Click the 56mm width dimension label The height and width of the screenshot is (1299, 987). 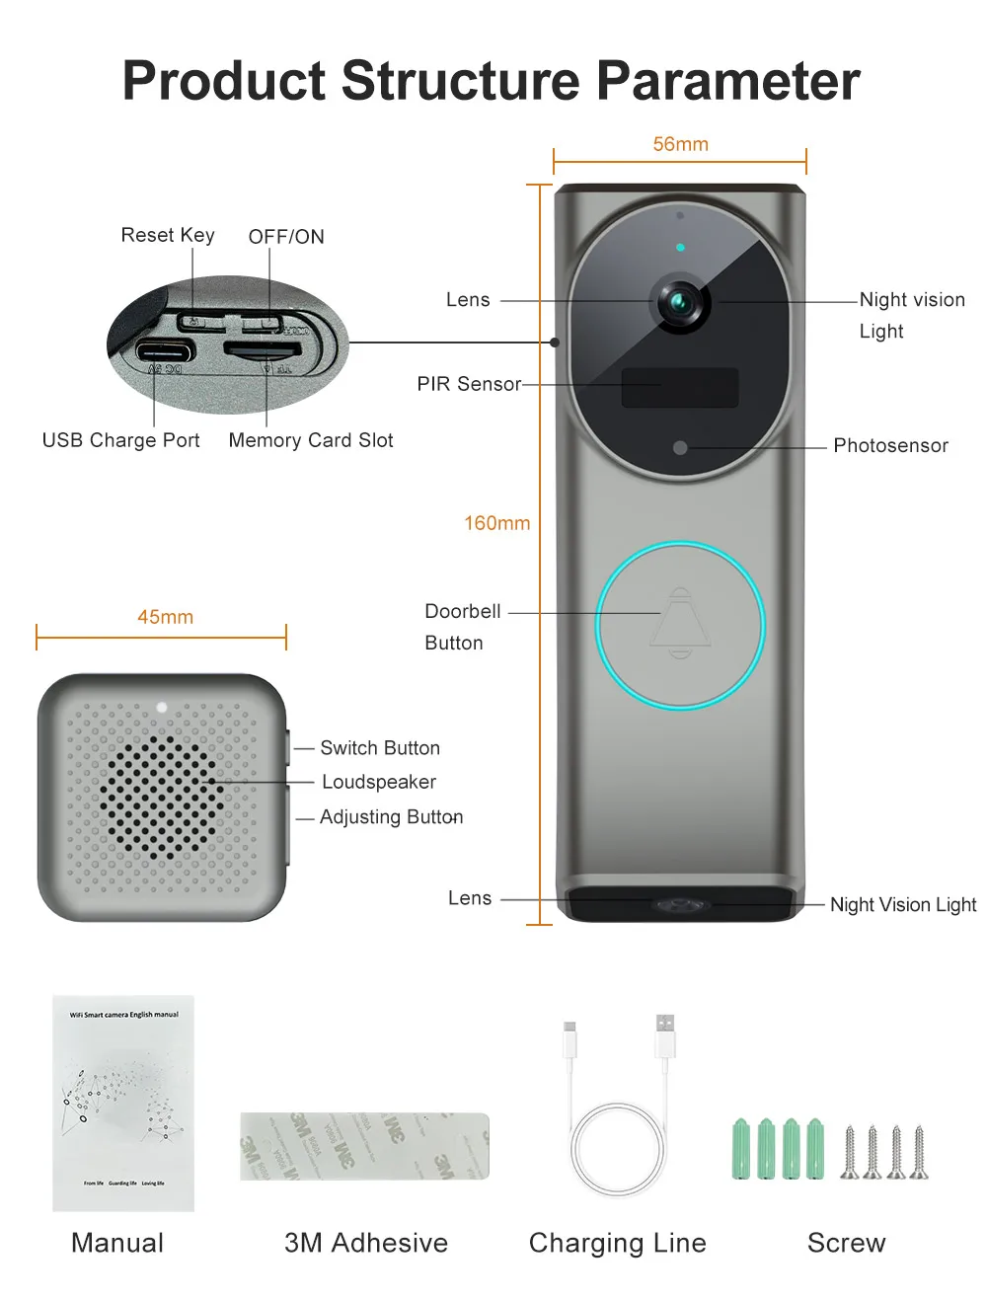(680, 144)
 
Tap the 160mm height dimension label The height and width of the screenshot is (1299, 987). (497, 523)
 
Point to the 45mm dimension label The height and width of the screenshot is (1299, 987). (165, 617)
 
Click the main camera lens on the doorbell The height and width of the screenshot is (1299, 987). (680, 302)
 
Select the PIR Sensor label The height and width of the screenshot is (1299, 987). (468, 384)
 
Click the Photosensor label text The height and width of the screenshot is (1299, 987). (890, 445)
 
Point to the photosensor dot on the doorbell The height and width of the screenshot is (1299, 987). (680, 447)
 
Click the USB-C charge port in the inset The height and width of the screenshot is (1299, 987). (165, 350)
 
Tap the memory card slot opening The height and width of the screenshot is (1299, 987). (262, 348)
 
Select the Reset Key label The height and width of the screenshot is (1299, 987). (168, 235)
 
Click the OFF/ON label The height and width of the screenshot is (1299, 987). (286, 237)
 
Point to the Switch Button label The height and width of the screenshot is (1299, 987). (380, 748)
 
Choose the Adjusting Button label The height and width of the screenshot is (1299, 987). (391, 817)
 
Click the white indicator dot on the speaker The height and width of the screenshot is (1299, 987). (162, 708)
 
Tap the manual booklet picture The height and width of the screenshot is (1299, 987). (123, 1103)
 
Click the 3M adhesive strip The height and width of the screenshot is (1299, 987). (364, 1146)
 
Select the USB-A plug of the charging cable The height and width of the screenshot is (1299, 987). (665, 1035)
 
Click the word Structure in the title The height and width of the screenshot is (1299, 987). (461, 81)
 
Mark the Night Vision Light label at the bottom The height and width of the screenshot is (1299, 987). (902, 904)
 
